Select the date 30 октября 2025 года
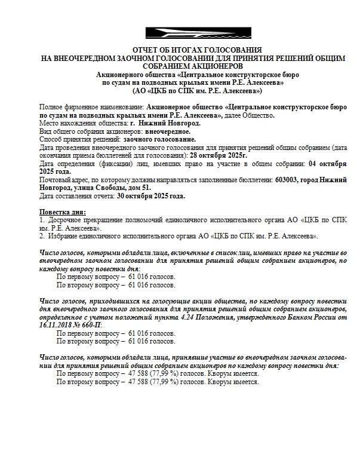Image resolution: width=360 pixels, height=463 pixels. pos(151,195)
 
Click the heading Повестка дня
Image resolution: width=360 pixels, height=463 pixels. pos(62,211)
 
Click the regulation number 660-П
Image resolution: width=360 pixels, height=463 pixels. pos(90,324)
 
